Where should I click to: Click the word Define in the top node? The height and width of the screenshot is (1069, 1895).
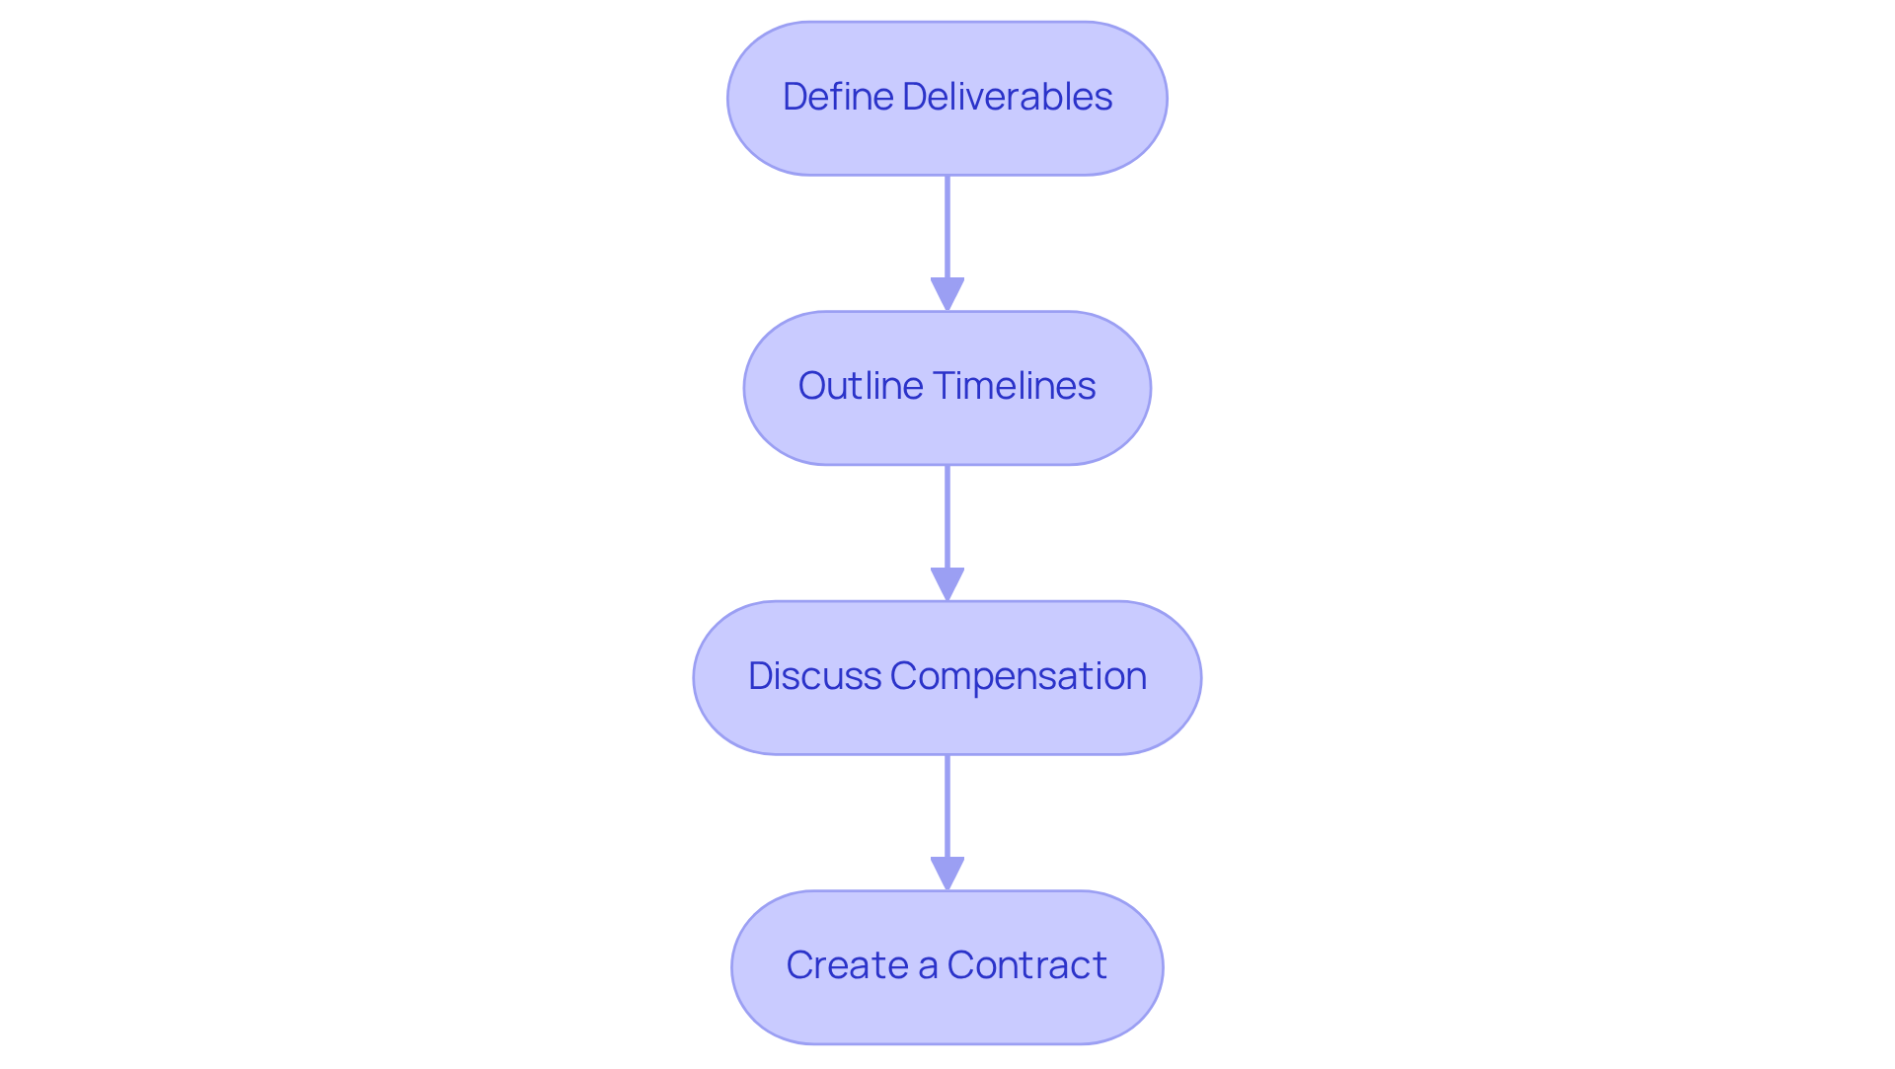[838, 97]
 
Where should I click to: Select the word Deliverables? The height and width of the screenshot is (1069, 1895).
[1007, 97]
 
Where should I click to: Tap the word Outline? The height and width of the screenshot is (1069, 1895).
[860, 386]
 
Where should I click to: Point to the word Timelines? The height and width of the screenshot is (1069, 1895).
[1014, 386]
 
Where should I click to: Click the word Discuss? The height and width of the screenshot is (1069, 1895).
[814, 676]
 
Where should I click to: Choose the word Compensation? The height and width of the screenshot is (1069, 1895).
[1018, 676]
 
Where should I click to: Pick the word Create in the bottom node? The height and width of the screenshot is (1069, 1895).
[847, 965]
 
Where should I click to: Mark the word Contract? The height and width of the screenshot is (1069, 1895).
[1026, 965]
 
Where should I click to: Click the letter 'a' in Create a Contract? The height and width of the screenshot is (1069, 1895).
[927, 966]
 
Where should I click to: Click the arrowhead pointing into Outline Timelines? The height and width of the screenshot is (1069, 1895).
[947, 294]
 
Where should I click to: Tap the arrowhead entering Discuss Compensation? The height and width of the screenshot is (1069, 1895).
[947, 584]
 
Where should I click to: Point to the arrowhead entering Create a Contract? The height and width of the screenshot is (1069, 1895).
[947, 874]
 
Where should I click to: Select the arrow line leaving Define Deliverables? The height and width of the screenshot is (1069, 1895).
[947, 227]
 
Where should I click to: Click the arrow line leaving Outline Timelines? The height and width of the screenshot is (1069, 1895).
[947, 516]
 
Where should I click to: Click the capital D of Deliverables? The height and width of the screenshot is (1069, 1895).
[913, 97]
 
